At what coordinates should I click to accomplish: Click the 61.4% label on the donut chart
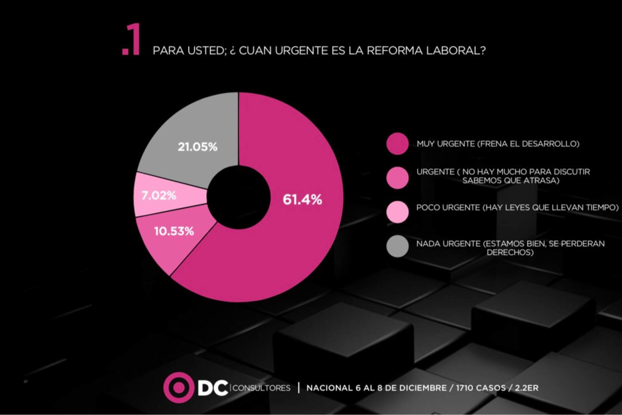[302, 200]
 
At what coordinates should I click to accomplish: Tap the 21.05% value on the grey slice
[197, 147]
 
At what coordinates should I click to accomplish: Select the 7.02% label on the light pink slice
[159, 195]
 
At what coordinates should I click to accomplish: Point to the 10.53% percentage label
[174, 231]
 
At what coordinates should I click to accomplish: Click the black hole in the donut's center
[238, 197]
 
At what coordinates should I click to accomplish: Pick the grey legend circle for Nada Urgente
[397, 246]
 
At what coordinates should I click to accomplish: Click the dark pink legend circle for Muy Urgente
[397, 144]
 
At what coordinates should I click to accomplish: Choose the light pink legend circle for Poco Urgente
[397, 212]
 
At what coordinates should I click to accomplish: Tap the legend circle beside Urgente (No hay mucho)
[397, 178]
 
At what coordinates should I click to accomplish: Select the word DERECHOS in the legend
[510, 252]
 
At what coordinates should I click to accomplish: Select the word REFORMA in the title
[394, 51]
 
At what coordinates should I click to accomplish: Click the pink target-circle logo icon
[178, 387]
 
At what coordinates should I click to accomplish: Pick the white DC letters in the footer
[213, 388]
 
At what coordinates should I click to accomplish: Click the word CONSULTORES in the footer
[261, 388]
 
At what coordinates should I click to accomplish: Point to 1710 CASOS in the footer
[480, 388]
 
